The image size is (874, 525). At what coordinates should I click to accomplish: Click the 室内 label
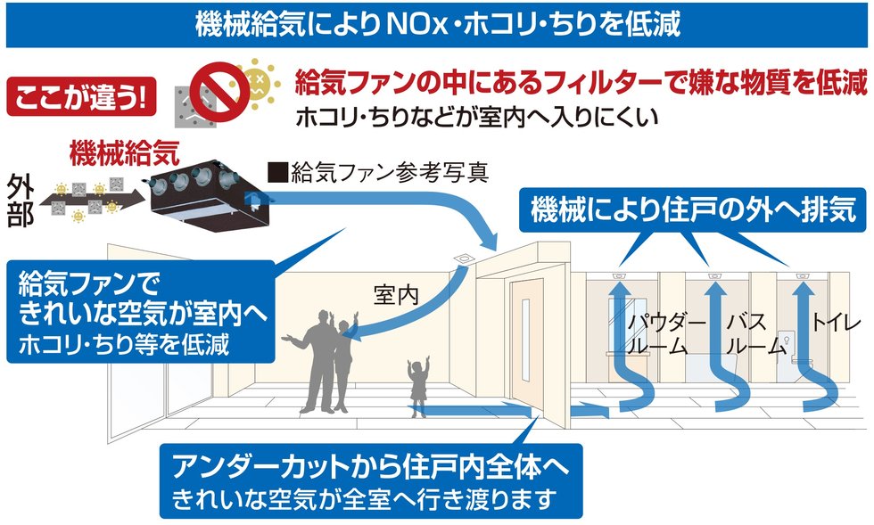pos(396,295)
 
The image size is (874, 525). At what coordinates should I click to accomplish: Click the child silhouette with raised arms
pos(416,382)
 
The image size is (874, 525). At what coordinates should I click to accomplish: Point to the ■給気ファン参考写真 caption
pos(380,172)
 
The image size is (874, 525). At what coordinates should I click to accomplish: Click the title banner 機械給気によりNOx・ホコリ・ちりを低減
pos(437,24)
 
